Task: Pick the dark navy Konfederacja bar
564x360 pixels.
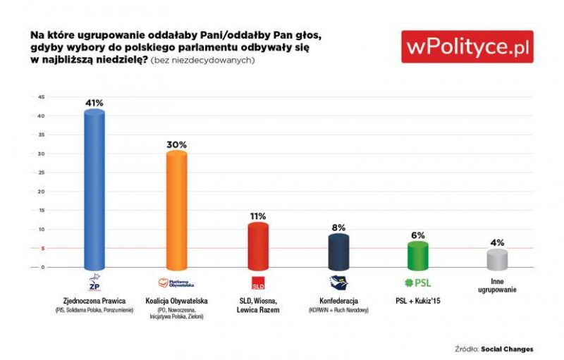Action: [338, 252]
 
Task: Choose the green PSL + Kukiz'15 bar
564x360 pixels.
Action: [418, 256]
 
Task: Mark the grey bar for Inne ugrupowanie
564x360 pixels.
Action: [498, 259]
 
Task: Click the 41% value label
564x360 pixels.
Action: [94, 103]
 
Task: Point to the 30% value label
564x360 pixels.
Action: [176, 144]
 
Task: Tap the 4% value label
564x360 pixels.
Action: [498, 242]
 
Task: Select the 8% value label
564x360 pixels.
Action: [338, 228]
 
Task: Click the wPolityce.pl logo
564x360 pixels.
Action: [467, 47]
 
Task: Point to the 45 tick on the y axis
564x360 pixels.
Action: [41, 97]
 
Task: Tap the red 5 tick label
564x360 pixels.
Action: [42, 248]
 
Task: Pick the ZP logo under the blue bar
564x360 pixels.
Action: [94, 283]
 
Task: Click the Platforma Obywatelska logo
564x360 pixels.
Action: [176, 283]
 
